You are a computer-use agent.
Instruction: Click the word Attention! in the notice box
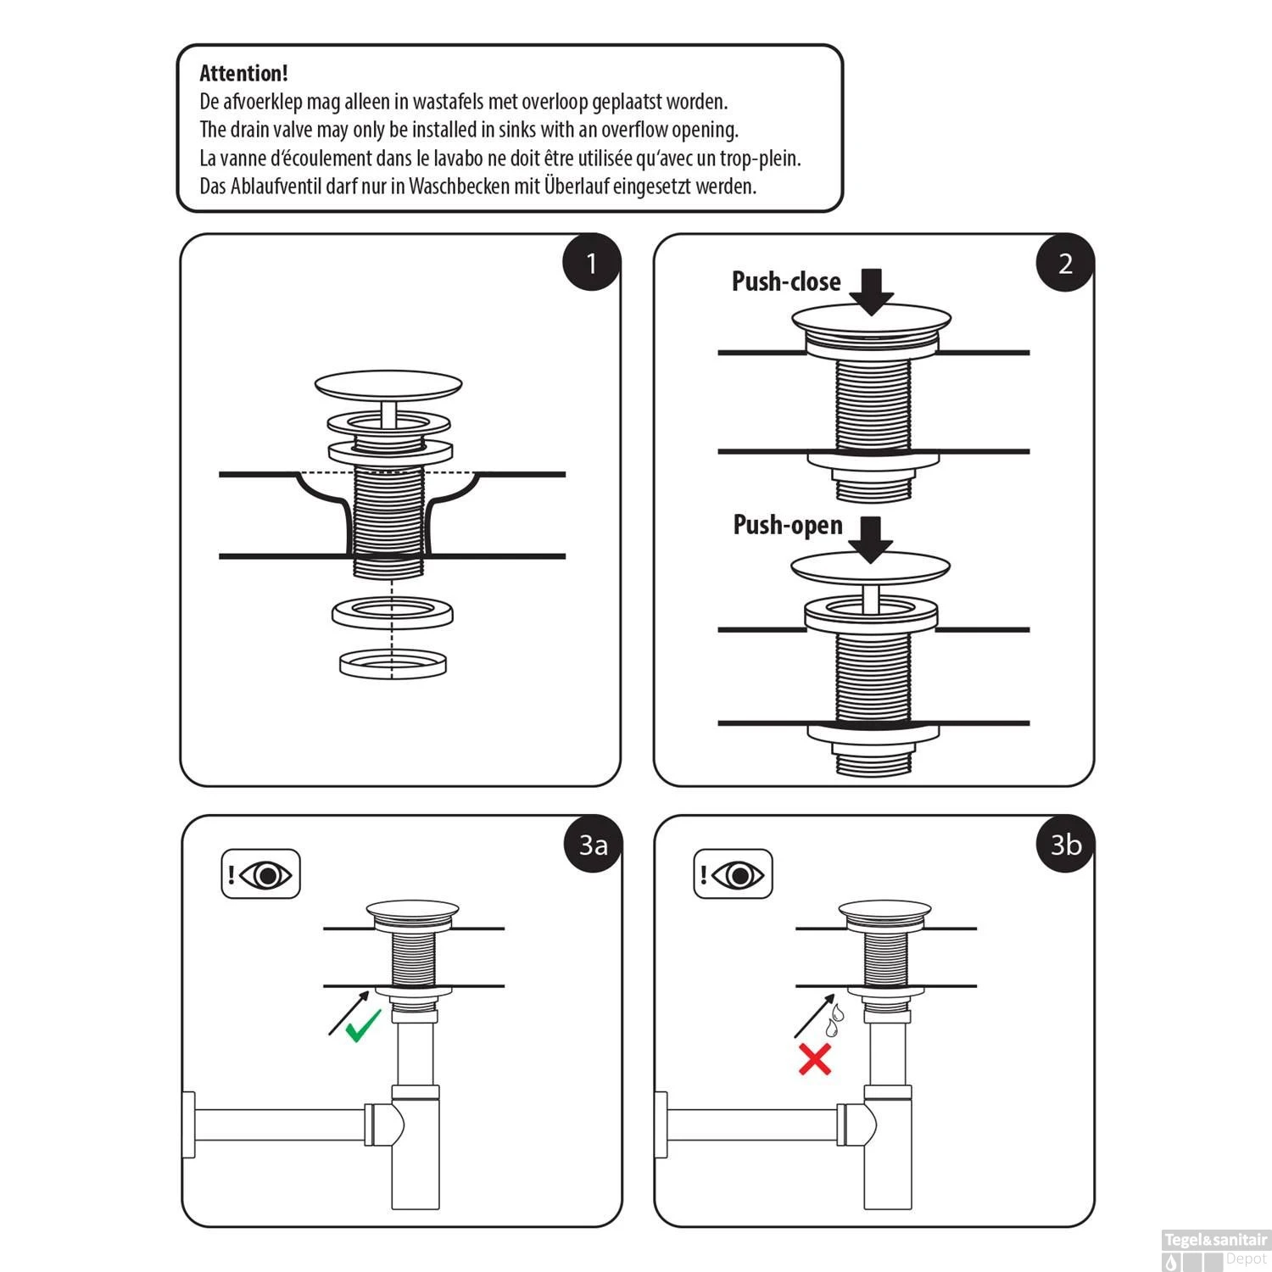[243, 74]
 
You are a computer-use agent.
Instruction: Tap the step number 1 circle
[592, 263]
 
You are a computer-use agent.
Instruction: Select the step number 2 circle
[1065, 263]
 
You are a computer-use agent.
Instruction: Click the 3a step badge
[593, 845]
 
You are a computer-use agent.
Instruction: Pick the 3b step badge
[1066, 845]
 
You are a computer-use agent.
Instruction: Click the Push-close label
[786, 282]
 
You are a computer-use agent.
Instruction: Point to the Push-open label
[788, 525]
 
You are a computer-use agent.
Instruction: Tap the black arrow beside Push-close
[872, 291]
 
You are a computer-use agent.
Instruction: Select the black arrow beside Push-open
[871, 538]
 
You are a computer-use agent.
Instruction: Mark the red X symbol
[815, 1060]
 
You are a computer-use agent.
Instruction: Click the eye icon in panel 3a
[267, 874]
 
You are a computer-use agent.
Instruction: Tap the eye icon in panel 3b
[739, 874]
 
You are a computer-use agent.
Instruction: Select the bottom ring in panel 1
[392, 663]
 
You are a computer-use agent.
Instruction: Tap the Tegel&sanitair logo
[1215, 1240]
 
